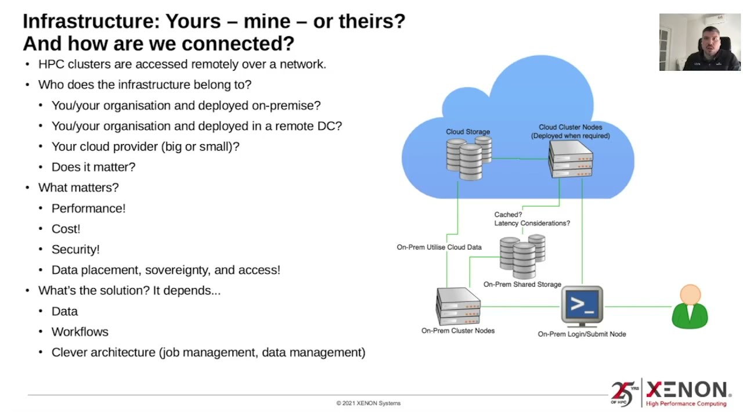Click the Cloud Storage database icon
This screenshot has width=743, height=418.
[x=468, y=157]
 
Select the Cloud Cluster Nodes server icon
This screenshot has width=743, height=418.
[x=571, y=158]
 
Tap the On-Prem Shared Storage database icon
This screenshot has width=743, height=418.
[x=522, y=256]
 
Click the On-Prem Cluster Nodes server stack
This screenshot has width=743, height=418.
[x=458, y=307]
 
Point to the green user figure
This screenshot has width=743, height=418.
[x=690, y=307]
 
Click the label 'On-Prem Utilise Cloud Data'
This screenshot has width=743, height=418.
[x=439, y=247]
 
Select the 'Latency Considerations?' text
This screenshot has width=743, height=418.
[x=532, y=224]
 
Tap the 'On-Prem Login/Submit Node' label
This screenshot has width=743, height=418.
[x=582, y=334]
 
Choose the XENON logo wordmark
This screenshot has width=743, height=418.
[x=688, y=390]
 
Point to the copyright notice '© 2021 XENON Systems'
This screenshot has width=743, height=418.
[x=368, y=403]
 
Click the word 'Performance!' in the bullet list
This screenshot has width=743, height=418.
[x=88, y=208]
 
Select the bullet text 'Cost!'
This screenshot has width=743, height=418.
[x=66, y=229]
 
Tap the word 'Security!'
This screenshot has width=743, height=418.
[x=75, y=250]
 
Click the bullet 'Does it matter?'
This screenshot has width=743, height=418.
[x=93, y=167]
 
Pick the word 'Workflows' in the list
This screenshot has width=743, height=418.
[x=80, y=332]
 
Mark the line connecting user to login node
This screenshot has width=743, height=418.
[x=637, y=307]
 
